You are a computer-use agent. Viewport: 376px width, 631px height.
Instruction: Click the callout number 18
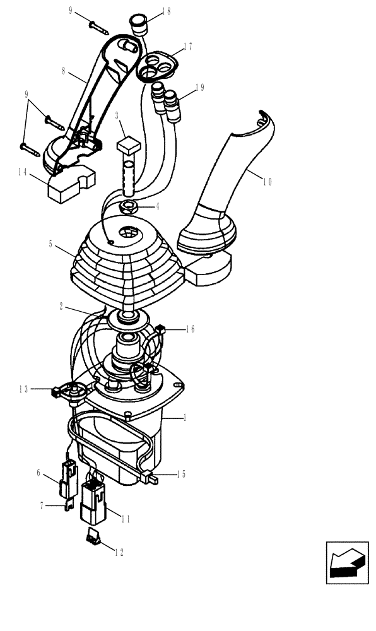point(165,11)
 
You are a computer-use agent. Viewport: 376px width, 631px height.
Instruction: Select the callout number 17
point(187,46)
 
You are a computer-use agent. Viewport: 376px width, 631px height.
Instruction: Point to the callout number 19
point(199,88)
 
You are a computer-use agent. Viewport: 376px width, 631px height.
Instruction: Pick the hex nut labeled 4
point(131,206)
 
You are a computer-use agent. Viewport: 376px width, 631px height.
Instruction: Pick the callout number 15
point(181,474)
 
